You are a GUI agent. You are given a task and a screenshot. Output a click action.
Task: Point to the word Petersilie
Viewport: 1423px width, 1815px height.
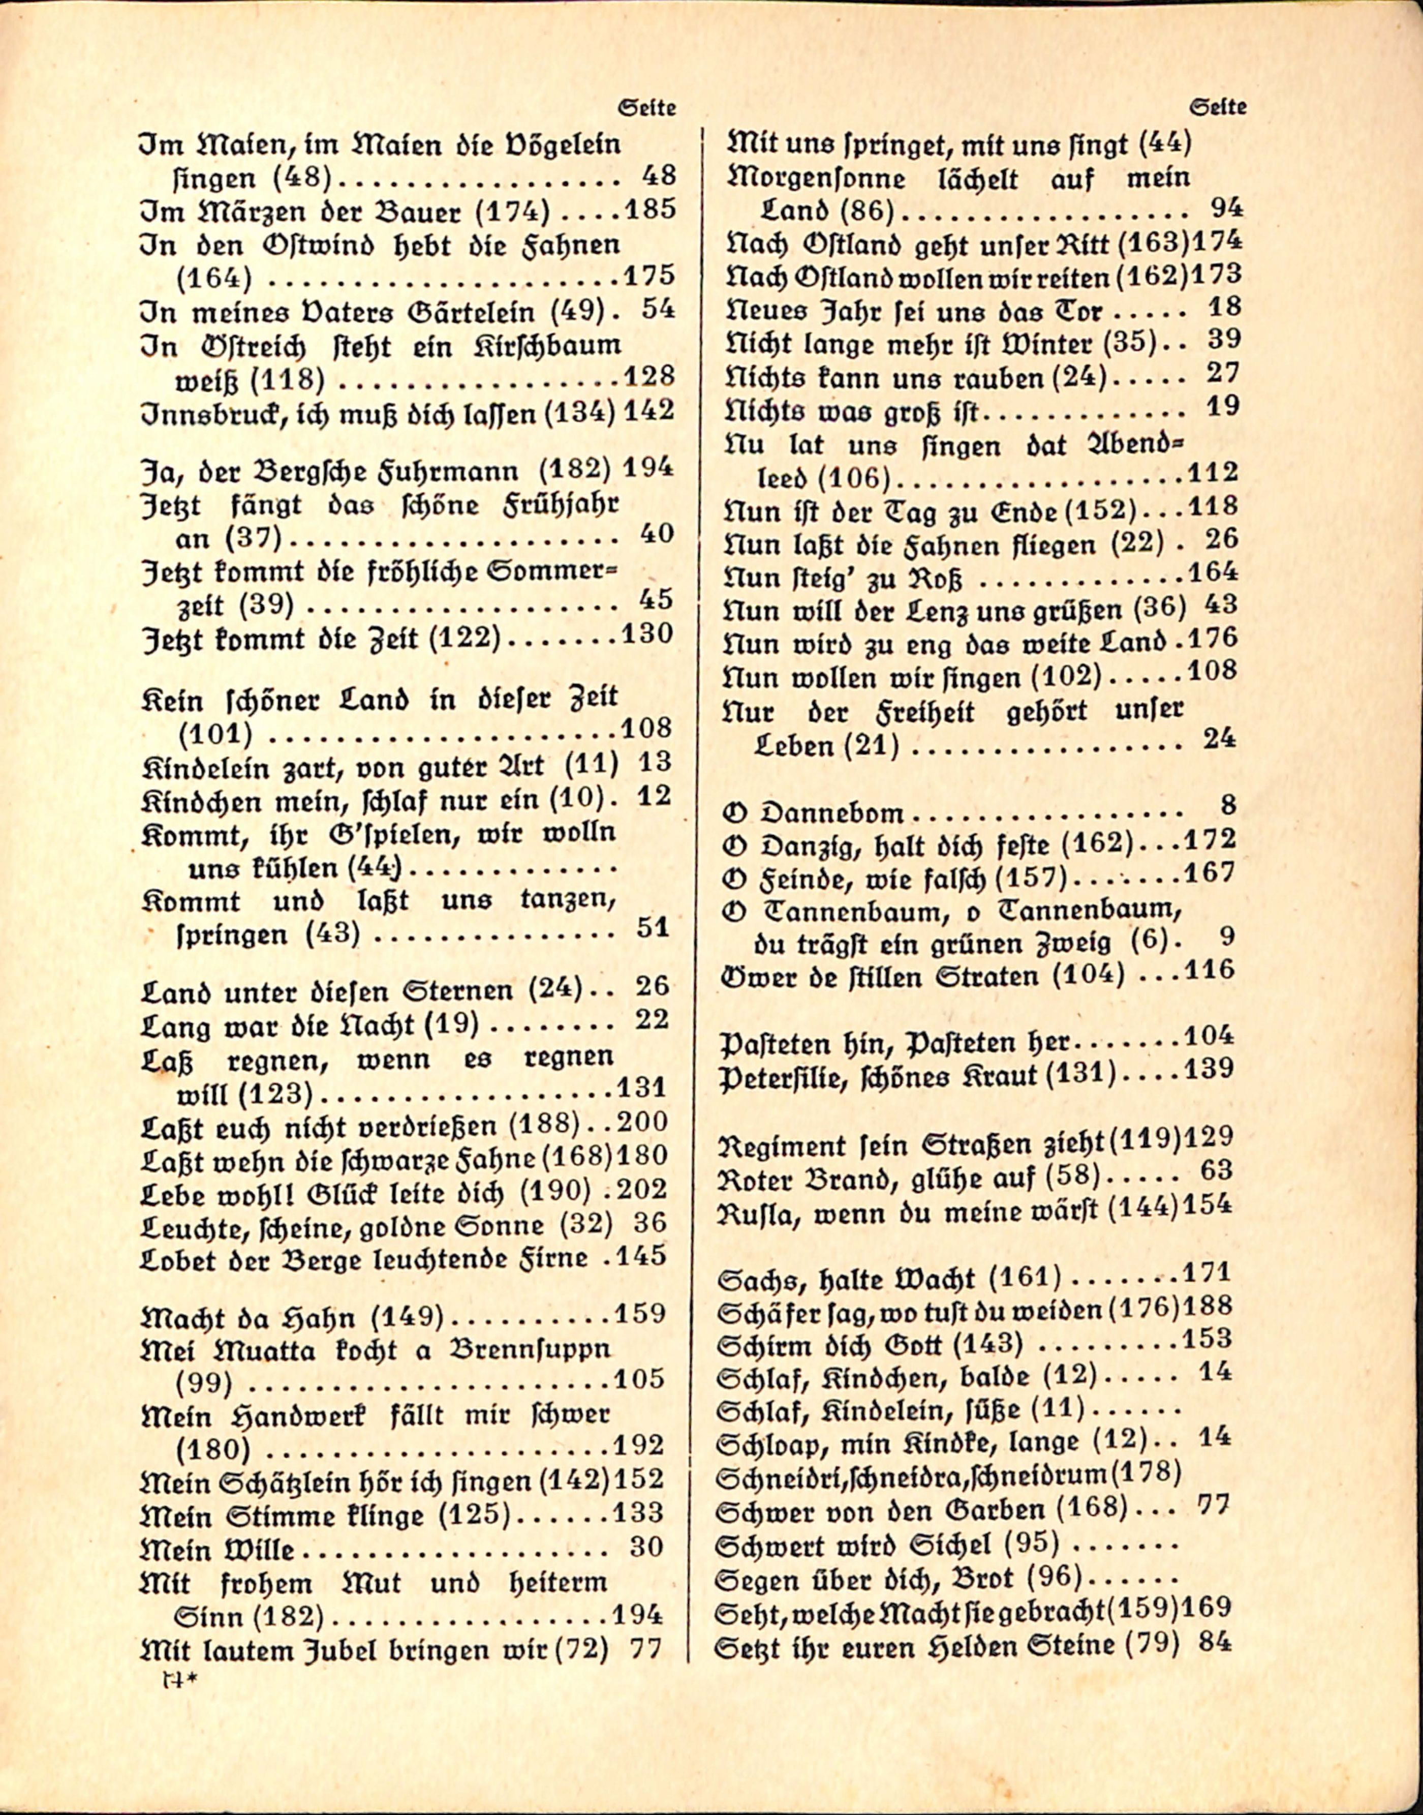click(x=780, y=1077)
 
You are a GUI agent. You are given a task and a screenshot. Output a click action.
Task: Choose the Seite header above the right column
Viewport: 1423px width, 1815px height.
click(x=1218, y=107)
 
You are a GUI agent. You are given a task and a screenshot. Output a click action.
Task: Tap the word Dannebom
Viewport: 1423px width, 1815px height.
click(x=832, y=812)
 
